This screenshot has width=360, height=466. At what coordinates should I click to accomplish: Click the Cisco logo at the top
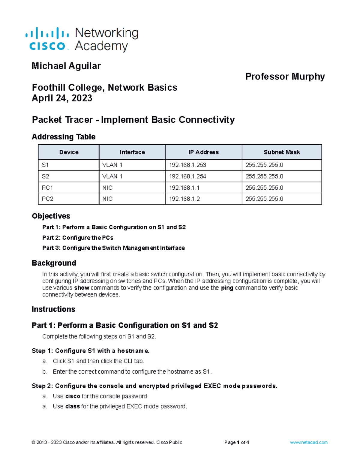pyautogui.click(x=47, y=39)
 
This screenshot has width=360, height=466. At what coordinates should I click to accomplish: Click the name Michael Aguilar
pyautogui.click(x=66, y=66)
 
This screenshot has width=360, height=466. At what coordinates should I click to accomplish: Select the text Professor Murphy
pyautogui.click(x=285, y=77)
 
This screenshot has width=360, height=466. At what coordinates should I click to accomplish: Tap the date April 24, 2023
pyautogui.click(x=62, y=98)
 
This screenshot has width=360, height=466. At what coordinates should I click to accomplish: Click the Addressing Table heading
pyautogui.click(x=63, y=137)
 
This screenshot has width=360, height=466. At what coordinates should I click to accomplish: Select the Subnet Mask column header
pyautogui.click(x=281, y=152)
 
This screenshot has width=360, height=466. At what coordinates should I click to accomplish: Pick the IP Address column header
pyautogui.click(x=203, y=152)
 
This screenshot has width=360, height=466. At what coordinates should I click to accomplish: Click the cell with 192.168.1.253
pyautogui.click(x=187, y=165)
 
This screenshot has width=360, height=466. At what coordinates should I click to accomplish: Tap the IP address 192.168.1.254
pyautogui.click(x=187, y=176)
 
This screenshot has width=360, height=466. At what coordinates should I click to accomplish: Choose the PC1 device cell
pyautogui.click(x=47, y=188)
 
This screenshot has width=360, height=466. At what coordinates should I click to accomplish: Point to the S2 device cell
pyautogui.click(x=46, y=176)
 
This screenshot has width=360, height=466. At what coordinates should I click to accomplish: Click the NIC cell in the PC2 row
pyautogui.click(x=107, y=199)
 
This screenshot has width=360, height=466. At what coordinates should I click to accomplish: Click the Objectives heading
pyautogui.click(x=51, y=216)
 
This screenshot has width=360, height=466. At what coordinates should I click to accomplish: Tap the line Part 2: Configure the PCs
pyautogui.click(x=78, y=238)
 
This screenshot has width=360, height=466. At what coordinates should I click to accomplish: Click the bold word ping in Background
pyautogui.click(x=227, y=288)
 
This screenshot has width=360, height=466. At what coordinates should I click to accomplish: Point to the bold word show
pyautogui.click(x=82, y=288)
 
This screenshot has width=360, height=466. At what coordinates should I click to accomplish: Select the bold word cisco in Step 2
pyautogui.click(x=73, y=396)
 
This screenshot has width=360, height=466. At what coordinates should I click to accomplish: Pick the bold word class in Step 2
pyautogui.click(x=72, y=406)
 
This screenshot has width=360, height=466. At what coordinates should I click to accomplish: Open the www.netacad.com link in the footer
pyautogui.click(x=308, y=442)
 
